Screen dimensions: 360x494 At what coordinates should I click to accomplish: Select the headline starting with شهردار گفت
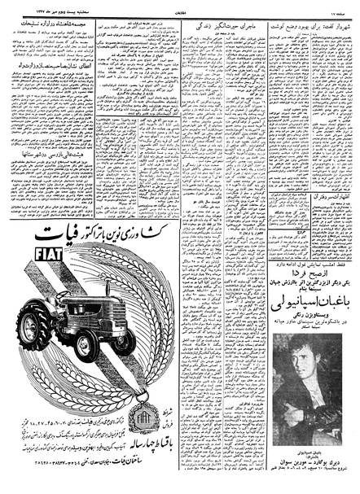pos(312,28)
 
